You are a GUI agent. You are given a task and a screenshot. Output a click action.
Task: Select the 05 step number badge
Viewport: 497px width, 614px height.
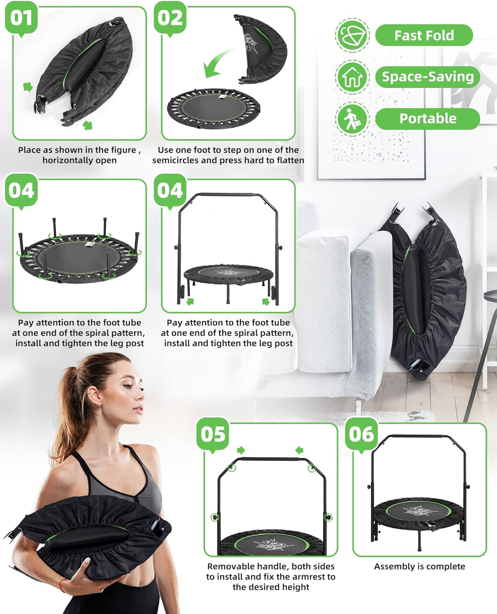pyautogui.click(x=212, y=435)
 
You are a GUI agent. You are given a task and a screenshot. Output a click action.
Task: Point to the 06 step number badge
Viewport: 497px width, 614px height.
pyautogui.click(x=361, y=435)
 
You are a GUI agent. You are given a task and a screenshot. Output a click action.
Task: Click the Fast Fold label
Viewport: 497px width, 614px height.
pyautogui.click(x=424, y=35)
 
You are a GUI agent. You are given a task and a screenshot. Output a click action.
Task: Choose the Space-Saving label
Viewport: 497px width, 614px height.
pyautogui.click(x=427, y=77)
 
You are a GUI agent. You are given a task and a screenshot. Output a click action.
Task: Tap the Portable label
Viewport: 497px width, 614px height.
pyautogui.click(x=427, y=118)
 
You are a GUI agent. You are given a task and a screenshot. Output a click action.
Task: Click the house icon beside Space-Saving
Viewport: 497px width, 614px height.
pyautogui.click(x=352, y=77)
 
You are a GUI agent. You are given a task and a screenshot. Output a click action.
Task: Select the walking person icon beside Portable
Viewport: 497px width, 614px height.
pyautogui.click(x=352, y=118)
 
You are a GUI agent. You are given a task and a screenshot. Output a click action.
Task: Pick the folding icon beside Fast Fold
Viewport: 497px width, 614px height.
pyautogui.click(x=352, y=35)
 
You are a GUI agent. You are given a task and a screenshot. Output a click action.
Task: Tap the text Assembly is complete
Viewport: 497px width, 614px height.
pyautogui.click(x=420, y=567)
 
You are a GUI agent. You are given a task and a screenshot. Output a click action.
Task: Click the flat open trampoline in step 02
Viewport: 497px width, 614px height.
pyautogui.click(x=214, y=108)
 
